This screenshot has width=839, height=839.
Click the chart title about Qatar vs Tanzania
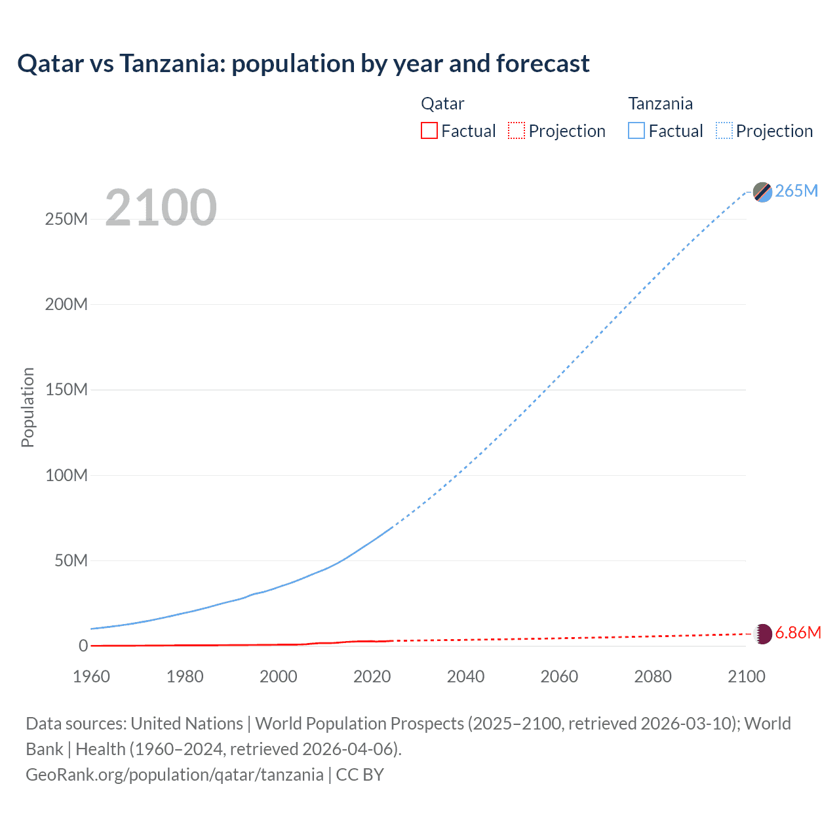point(303,64)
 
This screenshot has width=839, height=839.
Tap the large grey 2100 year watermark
point(161,208)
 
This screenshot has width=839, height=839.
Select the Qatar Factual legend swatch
point(429,130)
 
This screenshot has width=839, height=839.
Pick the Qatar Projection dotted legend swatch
point(517,130)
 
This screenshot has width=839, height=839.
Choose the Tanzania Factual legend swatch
point(636,130)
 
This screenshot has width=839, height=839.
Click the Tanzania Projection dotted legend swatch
point(724,130)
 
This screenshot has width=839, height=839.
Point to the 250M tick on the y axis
point(66,219)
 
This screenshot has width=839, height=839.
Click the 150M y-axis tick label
point(66,389)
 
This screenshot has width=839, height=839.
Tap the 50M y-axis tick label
point(71,560)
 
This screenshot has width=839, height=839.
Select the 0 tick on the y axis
point(83,646)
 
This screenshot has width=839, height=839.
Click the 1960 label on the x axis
point(91,676)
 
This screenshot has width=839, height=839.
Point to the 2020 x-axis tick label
point(372,676)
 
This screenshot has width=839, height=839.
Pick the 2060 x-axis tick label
point(559,676)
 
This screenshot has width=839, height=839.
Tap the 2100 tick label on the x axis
point(746,676)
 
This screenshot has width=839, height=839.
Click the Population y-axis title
point(28,407)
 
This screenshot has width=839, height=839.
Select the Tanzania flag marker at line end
point(762,192)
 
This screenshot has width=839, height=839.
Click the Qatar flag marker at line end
point(763,634)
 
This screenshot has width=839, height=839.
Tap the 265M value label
point(796,191)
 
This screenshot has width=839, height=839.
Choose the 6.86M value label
point(798,633)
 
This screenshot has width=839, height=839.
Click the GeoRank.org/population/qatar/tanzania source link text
point(174,774)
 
